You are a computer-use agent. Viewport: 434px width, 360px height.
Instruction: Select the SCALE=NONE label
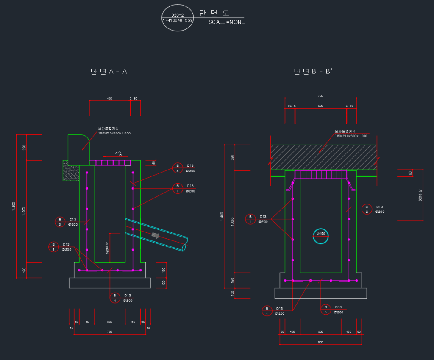(x=226, y=22)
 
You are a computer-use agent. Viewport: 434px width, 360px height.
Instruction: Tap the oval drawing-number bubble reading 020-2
(x=178, y=18)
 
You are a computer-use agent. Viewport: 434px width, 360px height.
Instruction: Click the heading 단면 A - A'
(x=109, y=72)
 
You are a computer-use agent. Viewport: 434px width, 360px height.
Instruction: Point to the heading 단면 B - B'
(x=313, y=72)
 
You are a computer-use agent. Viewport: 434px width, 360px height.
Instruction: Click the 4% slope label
(x=119, y=153)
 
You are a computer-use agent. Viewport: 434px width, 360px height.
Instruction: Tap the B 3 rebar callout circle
(x=60, y=221)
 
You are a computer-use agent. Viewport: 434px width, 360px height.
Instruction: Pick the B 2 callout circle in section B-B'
(x=367, y=209)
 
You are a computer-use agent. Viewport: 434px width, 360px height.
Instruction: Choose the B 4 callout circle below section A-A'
(x=114, y=298)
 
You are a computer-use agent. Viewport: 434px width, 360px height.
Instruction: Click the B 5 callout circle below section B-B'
(x=325, y=309)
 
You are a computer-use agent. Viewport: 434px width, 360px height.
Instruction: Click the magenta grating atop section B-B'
(x=320, y=174)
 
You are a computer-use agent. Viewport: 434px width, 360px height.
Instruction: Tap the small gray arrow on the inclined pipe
(x=156, y=235)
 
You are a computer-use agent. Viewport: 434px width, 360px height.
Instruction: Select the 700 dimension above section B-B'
(x=320, y=96)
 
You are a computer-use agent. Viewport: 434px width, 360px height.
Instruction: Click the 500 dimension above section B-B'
(x=320, y=106)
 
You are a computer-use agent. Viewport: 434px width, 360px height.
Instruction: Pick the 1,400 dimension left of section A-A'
(x=14, y=206)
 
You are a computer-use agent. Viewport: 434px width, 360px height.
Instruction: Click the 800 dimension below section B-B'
(x=320, y=342)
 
